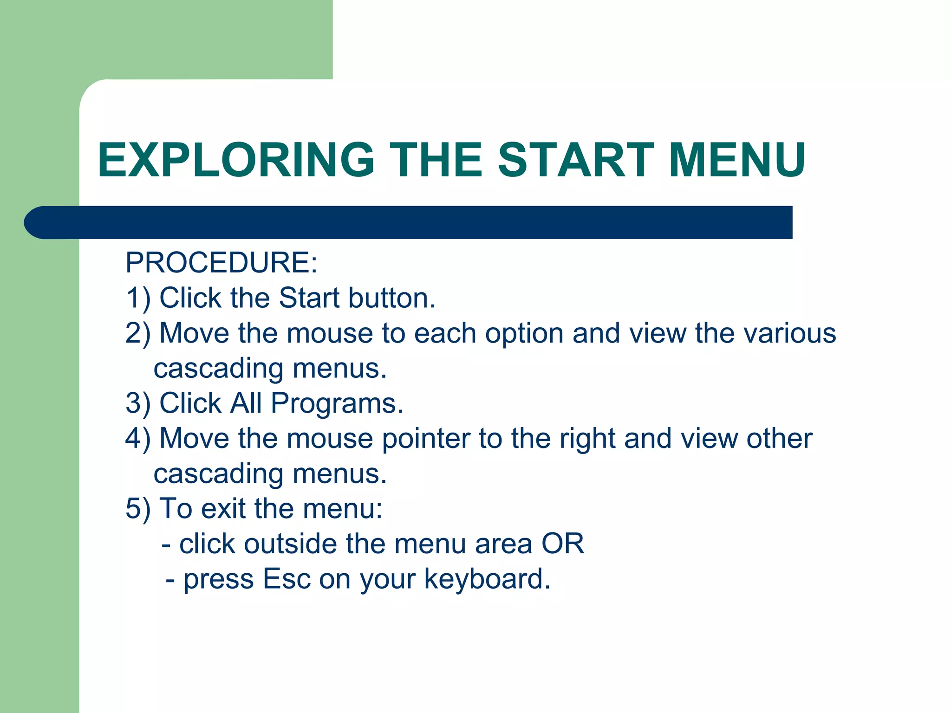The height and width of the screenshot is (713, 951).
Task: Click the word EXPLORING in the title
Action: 236,160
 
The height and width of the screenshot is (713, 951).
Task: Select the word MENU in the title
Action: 737,160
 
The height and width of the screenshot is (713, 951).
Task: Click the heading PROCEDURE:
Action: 221,263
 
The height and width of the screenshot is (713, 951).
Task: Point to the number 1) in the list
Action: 138,298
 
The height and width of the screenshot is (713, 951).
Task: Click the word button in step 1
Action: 392,298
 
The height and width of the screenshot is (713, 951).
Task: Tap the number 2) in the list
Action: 138,333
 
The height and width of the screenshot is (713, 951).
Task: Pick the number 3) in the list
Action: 138,403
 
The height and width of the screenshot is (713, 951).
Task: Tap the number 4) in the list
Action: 138,439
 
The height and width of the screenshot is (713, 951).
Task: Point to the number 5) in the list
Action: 138,509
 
